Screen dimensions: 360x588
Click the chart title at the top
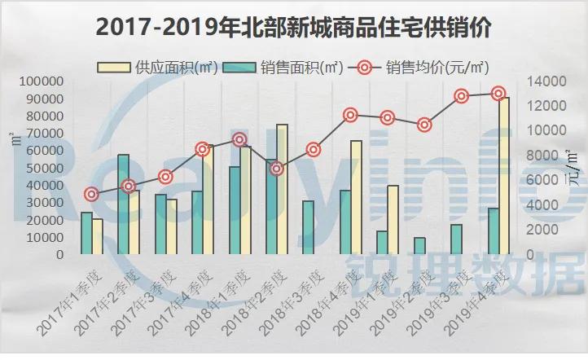(x=293, y=27)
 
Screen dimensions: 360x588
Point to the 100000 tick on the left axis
(x=41, y=81)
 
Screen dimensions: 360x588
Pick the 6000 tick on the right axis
(x=541, y=181)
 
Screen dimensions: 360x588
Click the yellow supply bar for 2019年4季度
(x=505, y=175)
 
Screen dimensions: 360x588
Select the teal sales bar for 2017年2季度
(x=123, y=204)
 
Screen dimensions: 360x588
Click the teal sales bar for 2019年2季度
(x=419, y=246)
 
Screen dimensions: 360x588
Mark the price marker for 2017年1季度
(x=92, y=195)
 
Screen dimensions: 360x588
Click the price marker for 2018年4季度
(x=351, y=115)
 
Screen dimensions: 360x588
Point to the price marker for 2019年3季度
(x=462, y=96)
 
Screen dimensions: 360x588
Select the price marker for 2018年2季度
(x=277, y=169)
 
